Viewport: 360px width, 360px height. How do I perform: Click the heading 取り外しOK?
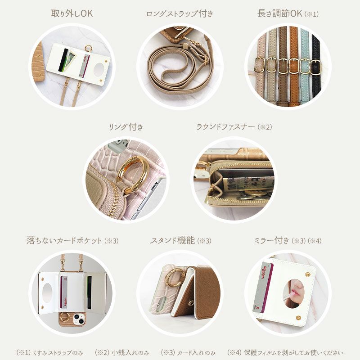pos(72,13)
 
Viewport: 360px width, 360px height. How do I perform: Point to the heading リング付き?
pos(126,127)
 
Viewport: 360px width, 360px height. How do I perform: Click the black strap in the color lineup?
pos(316,67)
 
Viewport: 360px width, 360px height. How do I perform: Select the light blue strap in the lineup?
pos(305,67)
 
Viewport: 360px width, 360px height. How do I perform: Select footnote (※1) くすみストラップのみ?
pos(49,352)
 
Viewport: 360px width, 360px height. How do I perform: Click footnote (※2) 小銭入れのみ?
pos(122,352)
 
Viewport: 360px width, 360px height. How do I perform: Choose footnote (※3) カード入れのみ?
pos(189,352)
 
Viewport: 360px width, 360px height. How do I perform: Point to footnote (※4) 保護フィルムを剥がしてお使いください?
pos(285,352)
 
